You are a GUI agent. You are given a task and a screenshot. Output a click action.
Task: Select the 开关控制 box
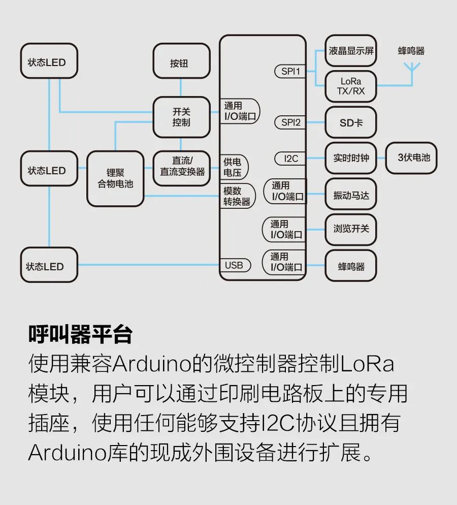[x=181, y=117]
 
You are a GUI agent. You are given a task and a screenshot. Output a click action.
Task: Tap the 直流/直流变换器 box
[x=181, y=167]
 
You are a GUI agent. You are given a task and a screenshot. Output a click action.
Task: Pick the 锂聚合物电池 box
[x=115, y=178]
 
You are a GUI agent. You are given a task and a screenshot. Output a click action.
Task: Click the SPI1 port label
[x=290, y=71]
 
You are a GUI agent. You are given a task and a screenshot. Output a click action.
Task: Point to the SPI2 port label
[x=290, y=122]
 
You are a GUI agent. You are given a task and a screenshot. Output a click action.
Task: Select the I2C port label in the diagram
[x=290, y=159]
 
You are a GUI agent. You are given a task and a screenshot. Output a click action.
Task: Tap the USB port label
[x=234, y=265]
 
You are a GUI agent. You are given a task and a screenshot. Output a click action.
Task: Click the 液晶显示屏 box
[x=351, y=51]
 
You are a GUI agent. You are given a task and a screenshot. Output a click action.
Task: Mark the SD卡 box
[x=351, y=122]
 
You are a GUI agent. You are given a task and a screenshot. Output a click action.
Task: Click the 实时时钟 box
[x=351, y=158]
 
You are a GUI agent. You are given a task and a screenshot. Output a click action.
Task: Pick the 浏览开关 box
[x=351, y=229]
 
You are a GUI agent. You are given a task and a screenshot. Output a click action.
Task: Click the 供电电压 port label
[x=233, y=168]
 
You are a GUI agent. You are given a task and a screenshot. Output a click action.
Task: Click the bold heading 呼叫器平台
[x=80, y=335]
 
